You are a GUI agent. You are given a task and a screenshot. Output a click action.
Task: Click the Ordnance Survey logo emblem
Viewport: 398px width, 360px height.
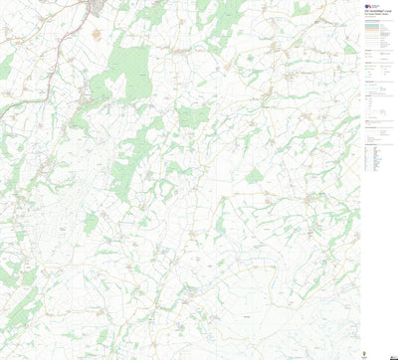pos(366,5)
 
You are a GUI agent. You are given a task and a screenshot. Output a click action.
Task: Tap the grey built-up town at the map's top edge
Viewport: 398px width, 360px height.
pos(100,7)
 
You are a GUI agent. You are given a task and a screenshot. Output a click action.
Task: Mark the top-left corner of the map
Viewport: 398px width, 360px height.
pos(1,1)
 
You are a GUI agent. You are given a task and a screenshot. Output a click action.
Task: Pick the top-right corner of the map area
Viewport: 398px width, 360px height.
pos(360,1)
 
